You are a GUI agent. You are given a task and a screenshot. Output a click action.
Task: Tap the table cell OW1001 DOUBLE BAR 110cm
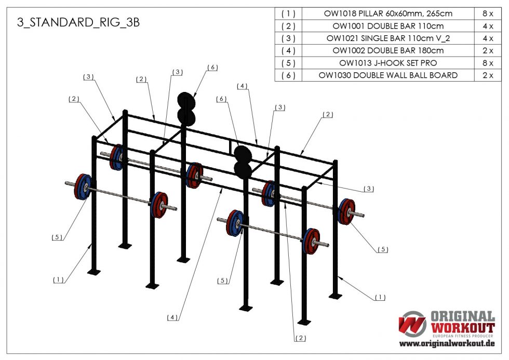[388, 26]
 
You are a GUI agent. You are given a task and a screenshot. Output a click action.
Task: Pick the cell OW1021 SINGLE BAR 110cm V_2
[388, 38]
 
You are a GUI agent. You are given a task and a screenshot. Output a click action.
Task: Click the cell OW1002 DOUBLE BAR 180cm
[388, 50]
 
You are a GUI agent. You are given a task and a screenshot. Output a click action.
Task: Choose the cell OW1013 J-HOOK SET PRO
[388, 63]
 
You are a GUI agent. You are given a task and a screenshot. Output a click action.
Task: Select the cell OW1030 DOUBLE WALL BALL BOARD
[388, 75]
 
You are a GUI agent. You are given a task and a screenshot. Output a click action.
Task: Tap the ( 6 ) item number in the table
[288, 75]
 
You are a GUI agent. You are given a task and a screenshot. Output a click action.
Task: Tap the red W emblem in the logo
[412, 324]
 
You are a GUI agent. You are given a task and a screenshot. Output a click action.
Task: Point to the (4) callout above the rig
[243, 86]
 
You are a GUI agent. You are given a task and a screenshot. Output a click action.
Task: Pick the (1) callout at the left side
[58, 279]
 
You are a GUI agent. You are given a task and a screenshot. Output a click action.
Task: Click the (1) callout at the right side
[380, 298]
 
